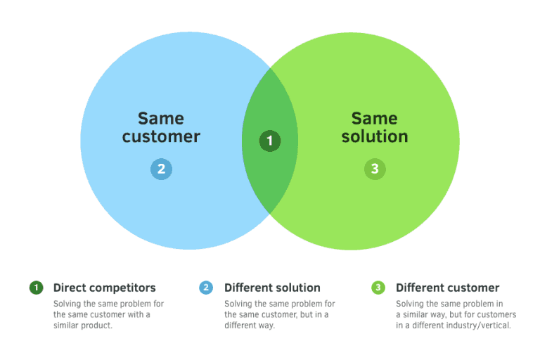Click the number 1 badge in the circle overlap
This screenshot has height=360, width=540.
[x=270, y=141]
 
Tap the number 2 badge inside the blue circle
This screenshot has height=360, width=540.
[x=161, y=169]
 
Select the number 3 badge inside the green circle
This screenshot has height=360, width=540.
[x=375, y=169]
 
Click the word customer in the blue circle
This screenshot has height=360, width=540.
[x=161, y=136]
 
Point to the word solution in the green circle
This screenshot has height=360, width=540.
[x=375, y=136]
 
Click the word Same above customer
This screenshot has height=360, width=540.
[x=161, y=119]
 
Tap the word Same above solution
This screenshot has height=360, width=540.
[x=374, y=119]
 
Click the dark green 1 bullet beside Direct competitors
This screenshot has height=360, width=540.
[x=36, y=288]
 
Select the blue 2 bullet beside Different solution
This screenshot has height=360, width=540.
[x=206, y=288]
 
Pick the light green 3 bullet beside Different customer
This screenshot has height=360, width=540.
[x=378, y=288]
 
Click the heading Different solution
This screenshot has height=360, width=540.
[x=272, y=288]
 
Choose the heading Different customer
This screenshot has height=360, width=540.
[x=447, y=288]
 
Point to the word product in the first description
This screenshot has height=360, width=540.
[x=97, y=326]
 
